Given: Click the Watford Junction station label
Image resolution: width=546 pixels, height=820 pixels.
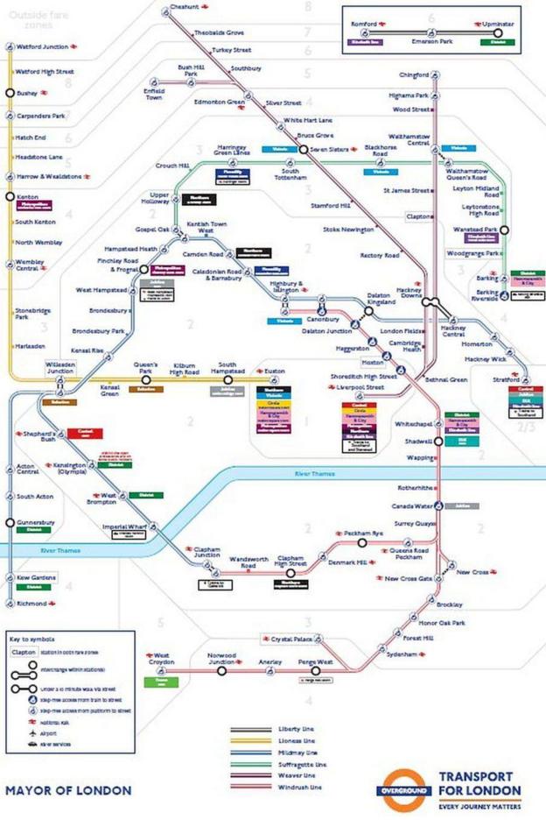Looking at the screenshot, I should pos(42,46).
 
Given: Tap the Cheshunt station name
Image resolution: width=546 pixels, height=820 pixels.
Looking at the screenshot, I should pos(184,7).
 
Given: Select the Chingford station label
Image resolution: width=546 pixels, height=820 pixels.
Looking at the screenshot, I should pos(414,75).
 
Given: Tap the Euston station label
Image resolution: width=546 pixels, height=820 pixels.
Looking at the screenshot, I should pos(276,371).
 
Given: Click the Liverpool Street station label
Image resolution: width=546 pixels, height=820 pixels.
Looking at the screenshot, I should pos(362,386).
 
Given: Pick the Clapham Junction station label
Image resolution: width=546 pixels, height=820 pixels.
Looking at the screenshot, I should pos(206,556).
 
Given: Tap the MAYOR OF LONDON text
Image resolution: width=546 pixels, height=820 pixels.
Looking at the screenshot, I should pos(68,790).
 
